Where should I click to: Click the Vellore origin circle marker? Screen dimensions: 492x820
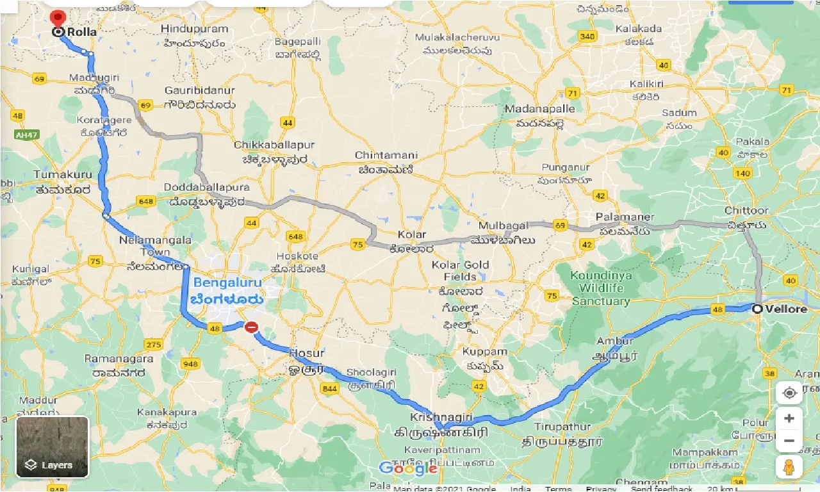tap(757, 309)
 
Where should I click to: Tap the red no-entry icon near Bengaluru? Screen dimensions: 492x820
tap(251, 327)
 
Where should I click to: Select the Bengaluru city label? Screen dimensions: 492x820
tap(227, 283)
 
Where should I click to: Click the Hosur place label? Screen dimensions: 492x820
tap(306, 353)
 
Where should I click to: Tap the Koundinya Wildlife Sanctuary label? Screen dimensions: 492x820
tap(602, 288)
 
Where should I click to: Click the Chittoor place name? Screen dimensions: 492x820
tap(746, 211)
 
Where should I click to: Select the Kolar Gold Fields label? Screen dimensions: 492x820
tap(460, 270)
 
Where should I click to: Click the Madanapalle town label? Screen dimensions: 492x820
tap(539, 109)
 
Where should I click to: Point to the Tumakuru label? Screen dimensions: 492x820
tap(63, 174)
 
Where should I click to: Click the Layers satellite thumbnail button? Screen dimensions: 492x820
tap(53, 447)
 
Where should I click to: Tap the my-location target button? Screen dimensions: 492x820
tap(789, 393)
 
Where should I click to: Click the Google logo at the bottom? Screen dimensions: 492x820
tap(407, 468)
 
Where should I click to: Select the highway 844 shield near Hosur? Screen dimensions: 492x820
tap(330, 389)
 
